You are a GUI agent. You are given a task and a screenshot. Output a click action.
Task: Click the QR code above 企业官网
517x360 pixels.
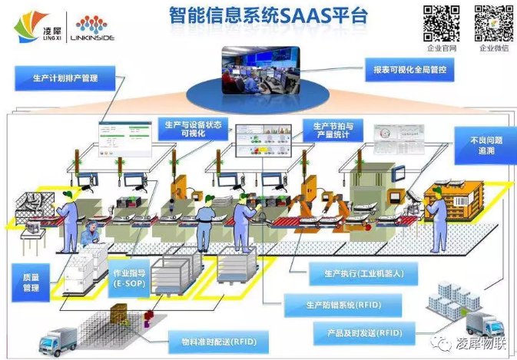click(x=442, y=23)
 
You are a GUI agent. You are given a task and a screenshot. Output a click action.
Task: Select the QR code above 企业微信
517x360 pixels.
click(x=493, y=23)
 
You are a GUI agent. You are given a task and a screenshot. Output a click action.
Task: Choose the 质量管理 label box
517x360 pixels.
click(x=31, y=282)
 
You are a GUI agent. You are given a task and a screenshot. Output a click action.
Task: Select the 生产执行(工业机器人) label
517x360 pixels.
click(x=355, y=273)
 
